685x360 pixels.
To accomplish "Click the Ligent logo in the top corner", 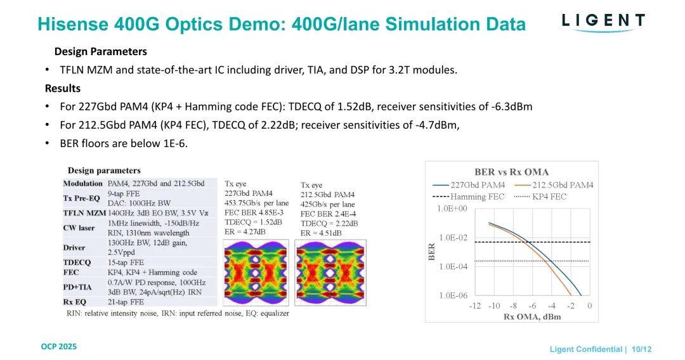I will [603, 22].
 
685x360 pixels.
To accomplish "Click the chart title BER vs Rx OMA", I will [511, 172].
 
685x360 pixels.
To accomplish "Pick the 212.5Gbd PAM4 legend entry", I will [556, 185].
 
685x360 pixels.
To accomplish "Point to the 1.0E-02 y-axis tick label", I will [453, 238].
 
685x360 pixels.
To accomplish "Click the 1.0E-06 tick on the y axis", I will [453, 295].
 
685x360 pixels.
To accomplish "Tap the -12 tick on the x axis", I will [475, 306].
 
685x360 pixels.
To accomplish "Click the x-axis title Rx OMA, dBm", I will [528, 316].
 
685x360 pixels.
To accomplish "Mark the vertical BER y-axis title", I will [431, 252].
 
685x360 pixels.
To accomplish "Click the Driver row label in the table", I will [74, 248].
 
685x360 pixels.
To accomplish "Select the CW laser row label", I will [79, 228].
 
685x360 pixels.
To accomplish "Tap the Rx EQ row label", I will [75, 302].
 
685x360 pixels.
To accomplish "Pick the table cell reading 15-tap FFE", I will [126, 262].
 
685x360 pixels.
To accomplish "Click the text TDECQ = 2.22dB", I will [329, 224].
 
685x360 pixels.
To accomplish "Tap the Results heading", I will [63, 88].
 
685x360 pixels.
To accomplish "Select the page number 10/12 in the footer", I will [642, 349].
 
